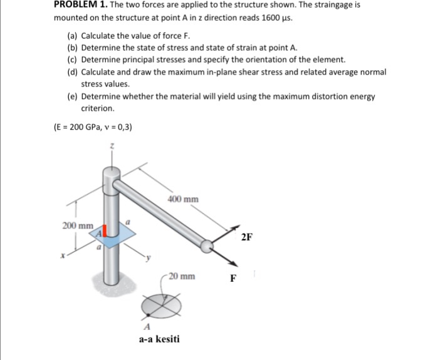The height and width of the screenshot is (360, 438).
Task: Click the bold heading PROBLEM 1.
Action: point(78,5)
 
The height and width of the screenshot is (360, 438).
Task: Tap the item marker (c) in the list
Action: point(73,59)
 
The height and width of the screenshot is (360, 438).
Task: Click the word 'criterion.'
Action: point(98,108)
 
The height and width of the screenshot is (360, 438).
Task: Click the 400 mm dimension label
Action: point(184,199)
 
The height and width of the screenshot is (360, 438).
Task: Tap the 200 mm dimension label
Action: point(78,225)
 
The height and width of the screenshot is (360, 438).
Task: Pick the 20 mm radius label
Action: point(182,275)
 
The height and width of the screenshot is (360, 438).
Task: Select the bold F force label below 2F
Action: point(232,279)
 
